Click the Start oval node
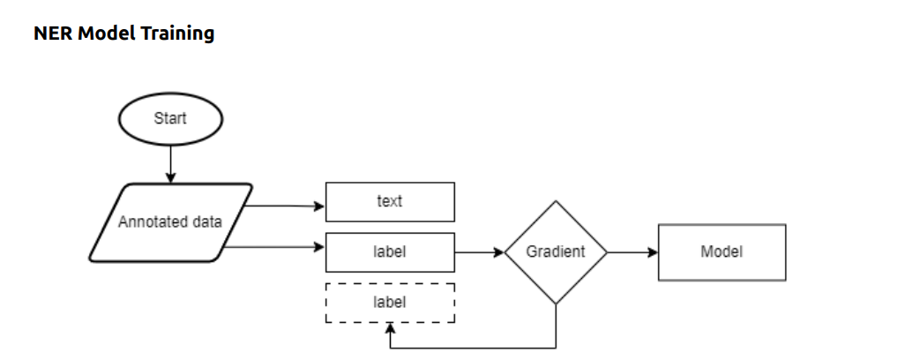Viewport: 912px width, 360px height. pos(170,118)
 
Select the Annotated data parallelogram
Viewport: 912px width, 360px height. pos(170,222)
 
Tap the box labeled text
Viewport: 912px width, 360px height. pos(390,201)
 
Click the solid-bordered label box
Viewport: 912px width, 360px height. pos(390,252)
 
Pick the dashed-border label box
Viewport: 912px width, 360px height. pos(390,303)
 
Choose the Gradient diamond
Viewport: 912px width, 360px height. pos(555,252)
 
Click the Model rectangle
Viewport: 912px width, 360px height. pos(721,252)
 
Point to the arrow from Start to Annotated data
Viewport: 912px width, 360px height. pos(170,164)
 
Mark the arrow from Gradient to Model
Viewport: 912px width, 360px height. pos(632,252)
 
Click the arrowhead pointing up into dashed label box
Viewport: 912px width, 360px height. pos(390,329)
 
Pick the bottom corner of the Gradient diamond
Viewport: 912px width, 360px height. pos(555,304)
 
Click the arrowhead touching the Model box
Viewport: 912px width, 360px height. pos(653,252)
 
